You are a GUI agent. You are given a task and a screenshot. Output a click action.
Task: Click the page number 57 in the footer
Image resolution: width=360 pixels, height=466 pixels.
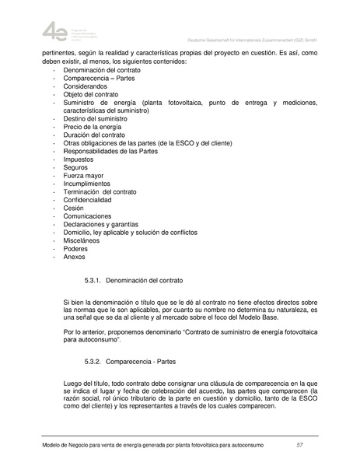(299, 444)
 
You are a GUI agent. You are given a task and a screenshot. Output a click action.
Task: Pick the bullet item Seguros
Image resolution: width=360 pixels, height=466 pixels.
(75, 167)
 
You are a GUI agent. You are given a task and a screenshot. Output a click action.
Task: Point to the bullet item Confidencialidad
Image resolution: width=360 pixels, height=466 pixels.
(90, 200)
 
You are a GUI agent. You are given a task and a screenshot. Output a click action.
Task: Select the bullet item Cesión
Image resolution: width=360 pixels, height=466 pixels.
(75, 208)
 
